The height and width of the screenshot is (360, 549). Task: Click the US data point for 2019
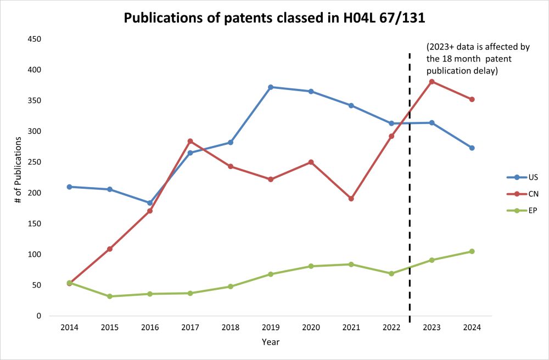(x=271, y=87)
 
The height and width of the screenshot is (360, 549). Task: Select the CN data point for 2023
(x=432, y=82)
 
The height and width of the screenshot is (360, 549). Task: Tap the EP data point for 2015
(x=110, y=296)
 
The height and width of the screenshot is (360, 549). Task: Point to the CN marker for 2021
(x=351, y=199)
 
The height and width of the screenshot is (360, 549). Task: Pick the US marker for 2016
(x=150, y=203)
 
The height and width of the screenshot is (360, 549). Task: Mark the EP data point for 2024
(x=472, y=251)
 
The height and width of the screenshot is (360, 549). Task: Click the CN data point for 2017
(x=191, y=141)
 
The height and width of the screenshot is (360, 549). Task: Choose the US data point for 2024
(x=472, y=148)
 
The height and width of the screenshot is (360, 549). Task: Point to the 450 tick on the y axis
(x=35, y=40)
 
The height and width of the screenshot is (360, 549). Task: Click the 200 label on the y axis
(x=35, y=193)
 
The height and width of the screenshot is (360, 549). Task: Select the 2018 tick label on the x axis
(x=231, y=328)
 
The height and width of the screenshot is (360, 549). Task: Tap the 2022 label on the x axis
(x=391, y=328)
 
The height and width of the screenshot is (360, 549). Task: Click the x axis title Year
(x=270, y=342)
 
